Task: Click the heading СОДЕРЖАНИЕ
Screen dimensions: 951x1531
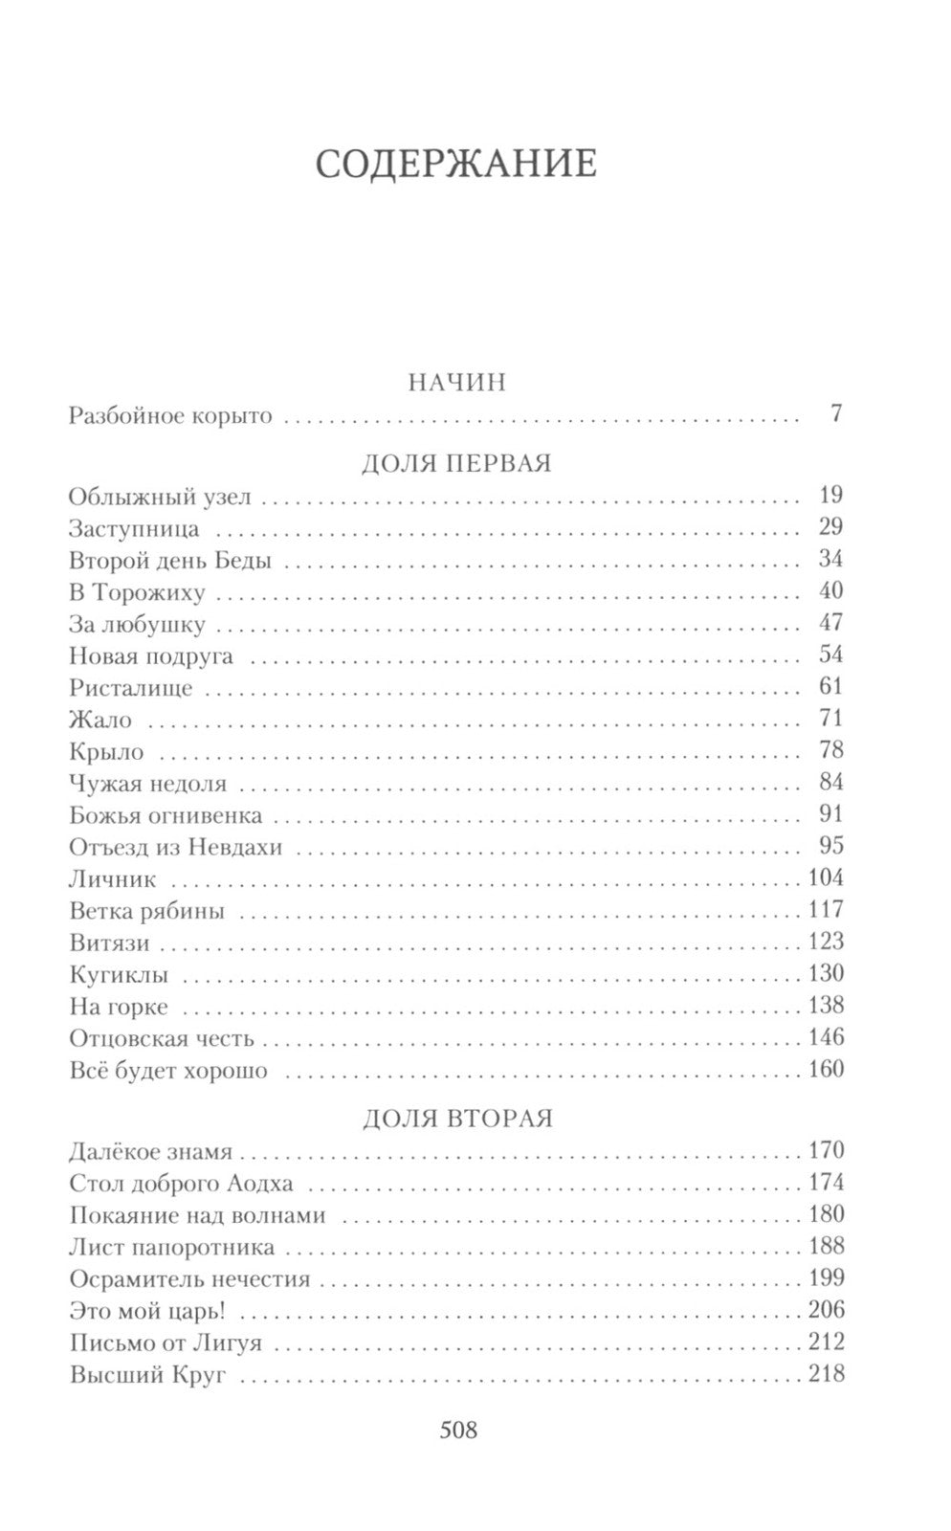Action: pos(455,165)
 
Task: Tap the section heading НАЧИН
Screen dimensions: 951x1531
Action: pos(456,383)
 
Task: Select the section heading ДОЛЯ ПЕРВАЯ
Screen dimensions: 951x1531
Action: pos(457,463)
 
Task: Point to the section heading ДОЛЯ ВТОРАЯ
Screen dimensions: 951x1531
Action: pos(457,1118)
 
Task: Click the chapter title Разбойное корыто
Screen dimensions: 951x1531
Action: pos(171,416)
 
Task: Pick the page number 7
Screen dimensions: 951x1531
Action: pos(836,415)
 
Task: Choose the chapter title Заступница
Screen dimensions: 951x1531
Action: pos(134,528)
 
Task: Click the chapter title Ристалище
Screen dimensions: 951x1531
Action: pos(131,688)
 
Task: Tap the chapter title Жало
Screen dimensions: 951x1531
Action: pos(100,720)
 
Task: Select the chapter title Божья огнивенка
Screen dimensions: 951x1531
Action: pos(166,816)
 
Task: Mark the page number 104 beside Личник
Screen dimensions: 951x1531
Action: pos(826,878)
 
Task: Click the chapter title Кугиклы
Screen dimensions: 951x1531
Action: pos(119,976)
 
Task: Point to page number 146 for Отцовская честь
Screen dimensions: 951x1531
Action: pos(826,1038)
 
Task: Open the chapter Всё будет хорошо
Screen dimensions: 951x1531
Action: pos(168,1071)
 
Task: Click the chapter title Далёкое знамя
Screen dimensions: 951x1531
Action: pos(151,1151)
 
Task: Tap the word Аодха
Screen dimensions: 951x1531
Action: pos(259,1184)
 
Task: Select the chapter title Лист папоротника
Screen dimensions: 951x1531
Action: pos(172,1248)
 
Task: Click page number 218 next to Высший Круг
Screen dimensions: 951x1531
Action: pos(826,1374)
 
